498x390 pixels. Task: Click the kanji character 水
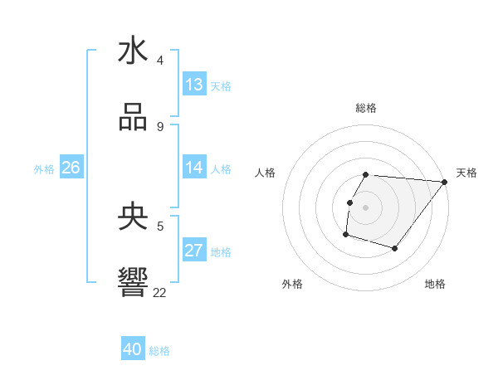click(x=133, y=51)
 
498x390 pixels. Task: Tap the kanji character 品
click(x=133, y=118)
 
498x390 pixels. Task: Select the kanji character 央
click(x=133, y=217)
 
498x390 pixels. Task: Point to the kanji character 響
click(x=133, y=284)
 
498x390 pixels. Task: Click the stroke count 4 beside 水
click(x=160, y=60)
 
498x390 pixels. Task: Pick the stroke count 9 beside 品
click(x=160, y=126)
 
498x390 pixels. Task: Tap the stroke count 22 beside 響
click(x=159, y=292)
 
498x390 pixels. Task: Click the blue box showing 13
click(x=194, y=85)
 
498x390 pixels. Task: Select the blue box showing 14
click(x=194, y=168)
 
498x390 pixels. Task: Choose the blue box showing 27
click(x=194, y=251)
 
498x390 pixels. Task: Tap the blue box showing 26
click(x=71, y=168)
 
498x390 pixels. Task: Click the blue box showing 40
click(x=133, y=349)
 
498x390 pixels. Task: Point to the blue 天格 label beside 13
click(x=220, y=85)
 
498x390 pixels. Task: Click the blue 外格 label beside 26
click(x=44, y=168)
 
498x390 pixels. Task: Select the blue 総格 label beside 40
click(x=159, y=350)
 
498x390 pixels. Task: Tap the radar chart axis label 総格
click(x=366, y=108)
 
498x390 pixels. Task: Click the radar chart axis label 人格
click(x=266, y=173)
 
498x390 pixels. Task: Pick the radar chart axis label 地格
click(x=435, y=284)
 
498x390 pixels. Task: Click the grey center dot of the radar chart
click(x=366, y=207)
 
